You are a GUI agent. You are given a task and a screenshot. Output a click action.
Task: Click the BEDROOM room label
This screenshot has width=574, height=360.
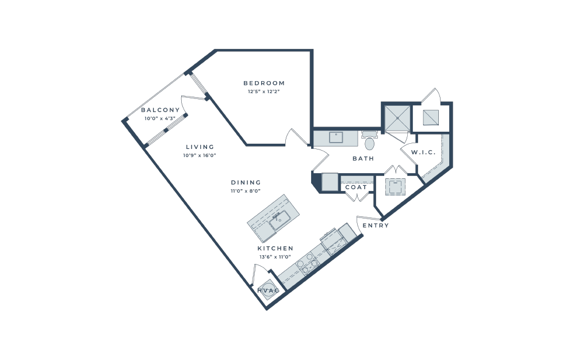point(264,83)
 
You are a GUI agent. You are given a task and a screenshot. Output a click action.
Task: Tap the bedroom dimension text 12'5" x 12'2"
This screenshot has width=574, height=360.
point(263,92)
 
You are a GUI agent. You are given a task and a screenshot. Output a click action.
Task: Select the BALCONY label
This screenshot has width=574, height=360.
point(160,110)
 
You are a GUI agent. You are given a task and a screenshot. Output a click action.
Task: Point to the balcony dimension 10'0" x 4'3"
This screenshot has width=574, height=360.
point(160,118)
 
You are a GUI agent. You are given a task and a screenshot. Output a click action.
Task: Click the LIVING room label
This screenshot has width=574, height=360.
point(200,147)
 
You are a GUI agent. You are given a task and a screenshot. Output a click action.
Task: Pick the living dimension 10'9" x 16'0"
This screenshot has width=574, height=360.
point(200,155)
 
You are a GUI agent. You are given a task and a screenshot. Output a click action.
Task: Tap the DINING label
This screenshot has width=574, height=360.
point(246,182)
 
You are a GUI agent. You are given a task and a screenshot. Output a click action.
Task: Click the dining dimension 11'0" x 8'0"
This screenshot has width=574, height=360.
point(246,191)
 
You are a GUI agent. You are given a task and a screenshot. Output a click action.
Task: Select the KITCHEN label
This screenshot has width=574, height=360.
point(275,248)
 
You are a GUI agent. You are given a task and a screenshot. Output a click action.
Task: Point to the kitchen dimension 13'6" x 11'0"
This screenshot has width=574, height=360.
point(275,257)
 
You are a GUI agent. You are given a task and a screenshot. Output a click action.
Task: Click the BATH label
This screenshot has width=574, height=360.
point(363,158)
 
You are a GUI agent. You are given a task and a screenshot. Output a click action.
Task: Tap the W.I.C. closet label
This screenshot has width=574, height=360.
point(423,152)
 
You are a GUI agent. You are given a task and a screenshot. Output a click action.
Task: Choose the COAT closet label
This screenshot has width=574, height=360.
point(356,187)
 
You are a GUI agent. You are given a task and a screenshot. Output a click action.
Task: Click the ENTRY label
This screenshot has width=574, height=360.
point(376,225)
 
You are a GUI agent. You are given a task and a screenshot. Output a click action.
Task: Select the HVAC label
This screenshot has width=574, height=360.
point(269,290)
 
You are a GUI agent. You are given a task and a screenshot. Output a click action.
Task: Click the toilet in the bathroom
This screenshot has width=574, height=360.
point(369,140)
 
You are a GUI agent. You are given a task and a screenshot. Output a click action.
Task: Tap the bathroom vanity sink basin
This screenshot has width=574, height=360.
point(336,137)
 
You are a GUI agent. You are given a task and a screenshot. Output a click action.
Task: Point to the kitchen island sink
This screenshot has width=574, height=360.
point(280,220)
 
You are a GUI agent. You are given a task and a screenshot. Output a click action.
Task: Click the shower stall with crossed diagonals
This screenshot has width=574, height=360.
point(397,118)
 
